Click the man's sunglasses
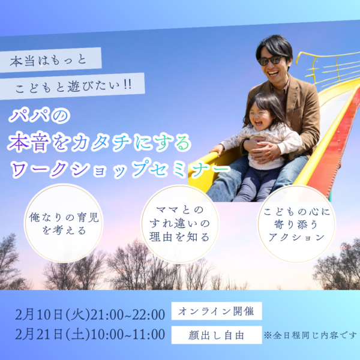click(271, 60)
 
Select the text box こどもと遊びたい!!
click(79, 86)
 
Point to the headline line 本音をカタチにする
click(99, 142)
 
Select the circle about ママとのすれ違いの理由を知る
click(179, 224)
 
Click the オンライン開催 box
click(216, 312)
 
